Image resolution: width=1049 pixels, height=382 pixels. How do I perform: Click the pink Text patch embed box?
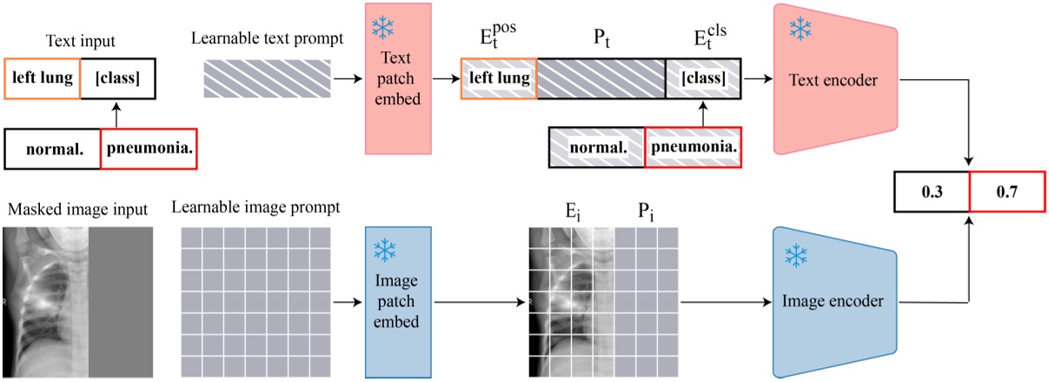397,77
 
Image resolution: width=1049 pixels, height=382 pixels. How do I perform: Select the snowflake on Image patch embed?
383,251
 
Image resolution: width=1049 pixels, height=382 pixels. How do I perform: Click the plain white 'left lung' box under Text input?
42,77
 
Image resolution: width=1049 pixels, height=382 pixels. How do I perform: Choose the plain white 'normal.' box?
53,148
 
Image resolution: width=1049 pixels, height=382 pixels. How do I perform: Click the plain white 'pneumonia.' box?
148,148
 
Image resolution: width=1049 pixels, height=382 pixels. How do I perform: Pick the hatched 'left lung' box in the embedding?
499,77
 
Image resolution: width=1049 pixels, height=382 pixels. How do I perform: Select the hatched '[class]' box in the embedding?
703,77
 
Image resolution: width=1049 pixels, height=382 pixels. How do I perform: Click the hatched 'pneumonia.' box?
694,146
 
